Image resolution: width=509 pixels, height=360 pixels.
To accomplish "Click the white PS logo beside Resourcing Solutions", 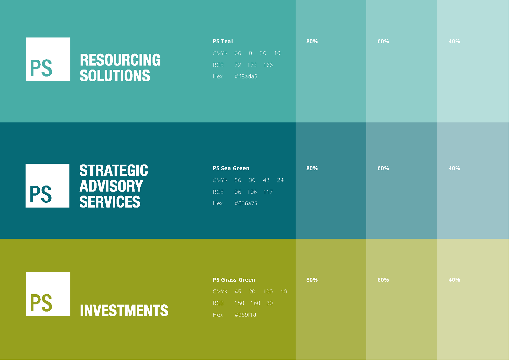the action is [48, 59].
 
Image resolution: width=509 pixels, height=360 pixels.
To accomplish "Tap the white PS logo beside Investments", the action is [48, 294].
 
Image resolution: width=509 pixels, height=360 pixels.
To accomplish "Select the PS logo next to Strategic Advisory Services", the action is [47, 185].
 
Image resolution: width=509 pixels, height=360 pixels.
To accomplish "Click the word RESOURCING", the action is [120, 60].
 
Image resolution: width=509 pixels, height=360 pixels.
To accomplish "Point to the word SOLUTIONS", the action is [115, 75].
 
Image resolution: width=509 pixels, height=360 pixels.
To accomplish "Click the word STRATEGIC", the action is [114, 170].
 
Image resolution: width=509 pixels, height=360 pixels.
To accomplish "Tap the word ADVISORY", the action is [111, 186].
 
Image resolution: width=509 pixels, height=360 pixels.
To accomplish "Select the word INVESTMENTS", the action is [124, 310].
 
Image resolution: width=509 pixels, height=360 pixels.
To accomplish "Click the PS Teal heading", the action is [223, 41].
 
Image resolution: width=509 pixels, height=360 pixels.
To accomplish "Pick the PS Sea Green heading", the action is [231, 168].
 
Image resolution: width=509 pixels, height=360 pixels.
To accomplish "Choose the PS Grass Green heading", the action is [234, 280].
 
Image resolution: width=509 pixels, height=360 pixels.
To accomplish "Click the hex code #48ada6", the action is [246, 76].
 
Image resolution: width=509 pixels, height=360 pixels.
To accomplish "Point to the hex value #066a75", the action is [246, 203].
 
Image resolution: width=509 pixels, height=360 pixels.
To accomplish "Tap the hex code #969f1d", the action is [245, 315].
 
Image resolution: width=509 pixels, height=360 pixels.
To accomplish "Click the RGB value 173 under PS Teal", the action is [252, 65].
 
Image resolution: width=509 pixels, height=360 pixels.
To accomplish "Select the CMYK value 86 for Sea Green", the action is [238, 180].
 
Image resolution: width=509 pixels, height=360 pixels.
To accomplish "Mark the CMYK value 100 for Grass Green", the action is [268, 292].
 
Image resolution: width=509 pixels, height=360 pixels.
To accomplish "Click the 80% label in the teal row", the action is [312, 41].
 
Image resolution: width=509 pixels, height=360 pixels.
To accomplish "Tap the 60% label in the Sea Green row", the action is [383, 168].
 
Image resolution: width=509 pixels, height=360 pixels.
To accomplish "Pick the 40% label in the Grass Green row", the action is [454, 280].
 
